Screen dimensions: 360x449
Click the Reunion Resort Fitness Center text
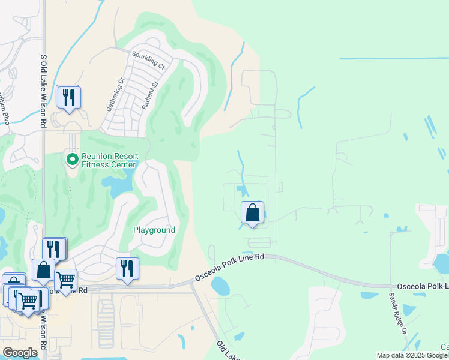pyautogui.click(x=110, y=161)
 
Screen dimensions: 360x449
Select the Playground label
pyautogui.click(x=154, y=230)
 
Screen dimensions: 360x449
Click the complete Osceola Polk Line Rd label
pyautogui.click(x=229, y=268)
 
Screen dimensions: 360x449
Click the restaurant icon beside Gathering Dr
pyautogui.click(x=68, y=97)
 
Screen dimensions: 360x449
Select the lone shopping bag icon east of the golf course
pyautogui.click(x=253, y=212)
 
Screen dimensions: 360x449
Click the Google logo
pyautogui.click(x=20, y=353)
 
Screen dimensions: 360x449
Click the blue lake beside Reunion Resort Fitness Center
pyautogui.click(x=118, y=185)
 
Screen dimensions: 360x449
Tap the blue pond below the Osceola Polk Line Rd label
pyautogui.click(x=220, y=287)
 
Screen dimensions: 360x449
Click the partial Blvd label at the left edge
pyautogui.click(x=5, y=109)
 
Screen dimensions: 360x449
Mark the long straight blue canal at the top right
pyautogui.click(x=393, y=59)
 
